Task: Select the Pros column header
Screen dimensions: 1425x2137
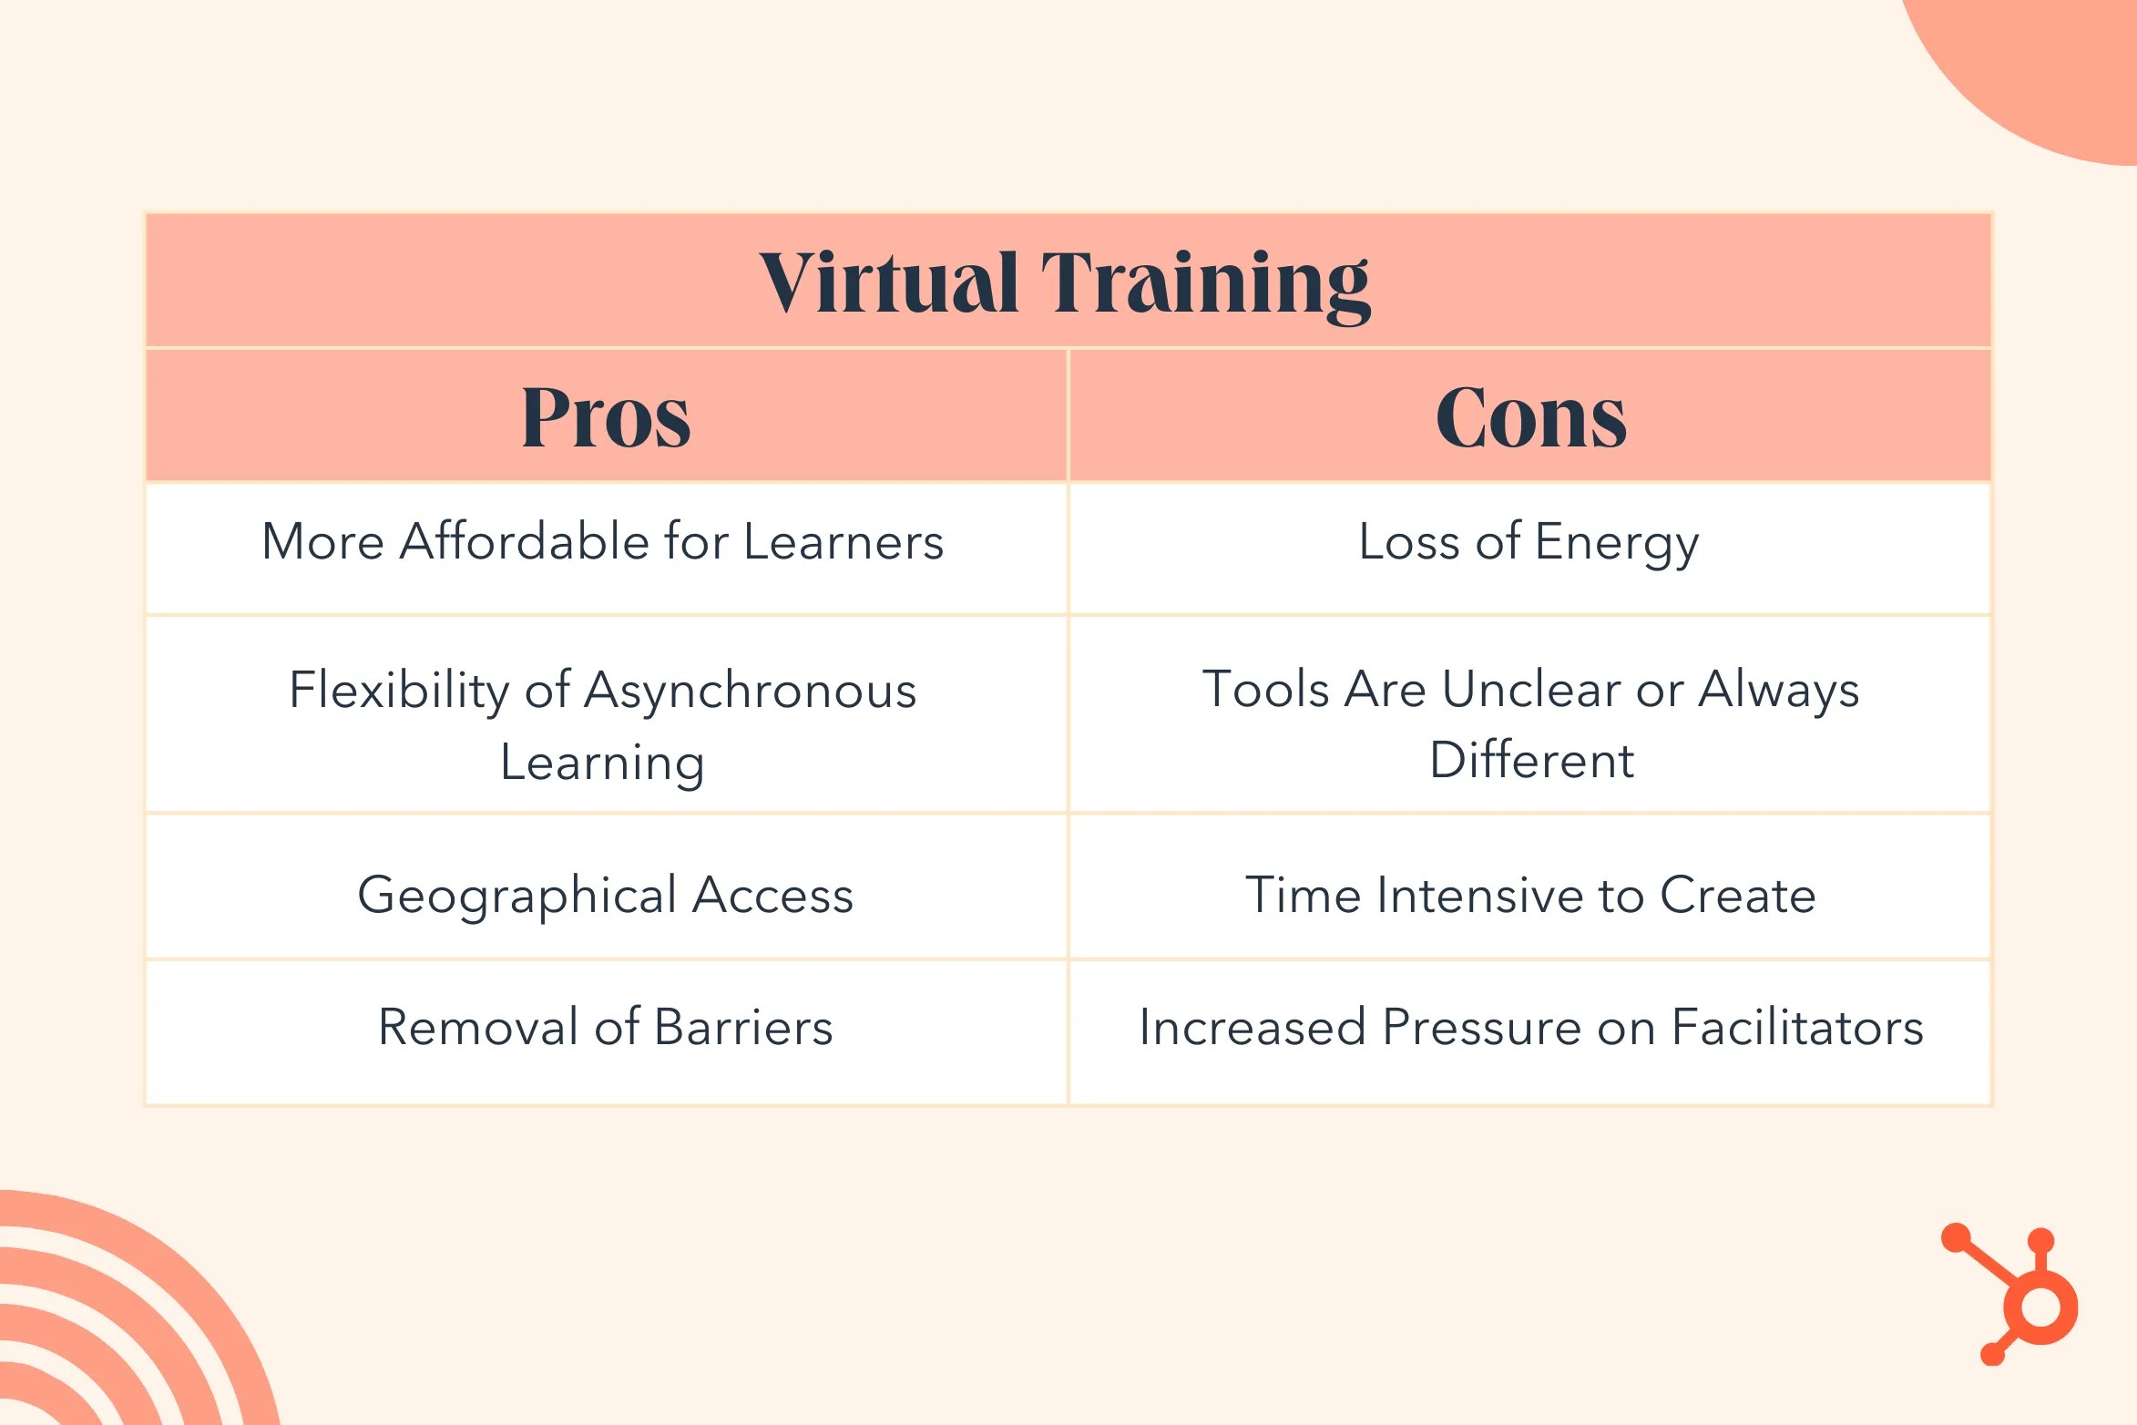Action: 606,417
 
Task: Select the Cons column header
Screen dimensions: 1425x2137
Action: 1531,417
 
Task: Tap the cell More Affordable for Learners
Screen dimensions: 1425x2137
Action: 603,542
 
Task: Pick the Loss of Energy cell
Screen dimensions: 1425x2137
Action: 1529,542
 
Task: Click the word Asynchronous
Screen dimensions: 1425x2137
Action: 750,691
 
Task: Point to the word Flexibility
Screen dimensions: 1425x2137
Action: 397,691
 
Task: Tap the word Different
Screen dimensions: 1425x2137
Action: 1531,760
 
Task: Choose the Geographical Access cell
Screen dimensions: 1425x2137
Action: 606,895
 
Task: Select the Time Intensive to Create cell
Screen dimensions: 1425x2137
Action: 1530,895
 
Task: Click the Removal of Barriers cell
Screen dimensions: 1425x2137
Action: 606,1028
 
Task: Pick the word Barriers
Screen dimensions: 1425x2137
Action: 743,1028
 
